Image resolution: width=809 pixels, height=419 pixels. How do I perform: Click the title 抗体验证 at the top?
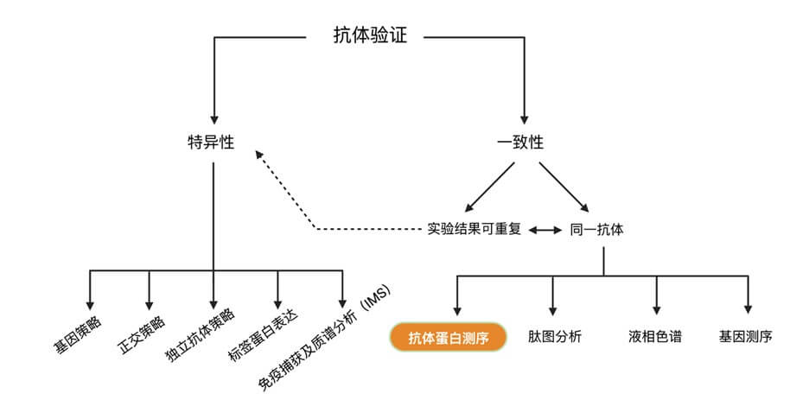coord(370,36)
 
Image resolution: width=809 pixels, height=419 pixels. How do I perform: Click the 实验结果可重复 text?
coord(475,230)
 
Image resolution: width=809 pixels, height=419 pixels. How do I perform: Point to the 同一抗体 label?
coord(597,230)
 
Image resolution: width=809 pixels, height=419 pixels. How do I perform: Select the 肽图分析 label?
coord(555,337)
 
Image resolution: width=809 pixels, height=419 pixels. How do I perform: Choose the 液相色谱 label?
coord(655,337)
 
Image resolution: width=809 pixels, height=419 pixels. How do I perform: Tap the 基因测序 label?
coord(746,337)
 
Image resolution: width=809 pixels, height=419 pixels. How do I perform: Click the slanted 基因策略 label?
coord(76,338)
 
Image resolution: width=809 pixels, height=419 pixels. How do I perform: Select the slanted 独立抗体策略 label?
coord(199,339)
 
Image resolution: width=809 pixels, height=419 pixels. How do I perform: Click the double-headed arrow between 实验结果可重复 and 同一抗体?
coord(545,231)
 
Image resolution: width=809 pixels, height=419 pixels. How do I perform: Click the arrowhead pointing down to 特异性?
coord(213,119)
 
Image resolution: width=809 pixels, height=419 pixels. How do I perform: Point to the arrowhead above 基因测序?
coord(748,308)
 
